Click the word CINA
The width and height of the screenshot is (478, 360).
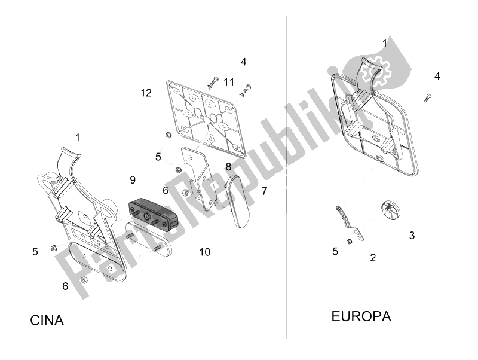point(47,321)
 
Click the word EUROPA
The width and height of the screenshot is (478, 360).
point(361,316)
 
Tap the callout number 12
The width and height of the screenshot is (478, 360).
point(146,93)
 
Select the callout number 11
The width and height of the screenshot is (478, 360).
point(229,82)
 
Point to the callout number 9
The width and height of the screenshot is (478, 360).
point(133,179)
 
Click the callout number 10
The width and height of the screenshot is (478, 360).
point(204,252)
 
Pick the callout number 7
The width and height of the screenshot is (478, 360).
point(264,191)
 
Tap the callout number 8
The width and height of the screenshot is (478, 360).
point(228,167)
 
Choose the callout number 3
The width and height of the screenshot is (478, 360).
point(412,235)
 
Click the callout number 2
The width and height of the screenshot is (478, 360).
point(373,258)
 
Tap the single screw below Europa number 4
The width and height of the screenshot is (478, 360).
point(428,97)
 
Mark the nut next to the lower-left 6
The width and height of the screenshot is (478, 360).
point(83,280)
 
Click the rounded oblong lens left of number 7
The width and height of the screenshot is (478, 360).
point(238,202)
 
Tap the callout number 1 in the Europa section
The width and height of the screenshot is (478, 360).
point(385,43)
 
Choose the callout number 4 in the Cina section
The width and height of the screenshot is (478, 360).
point(243,62)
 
